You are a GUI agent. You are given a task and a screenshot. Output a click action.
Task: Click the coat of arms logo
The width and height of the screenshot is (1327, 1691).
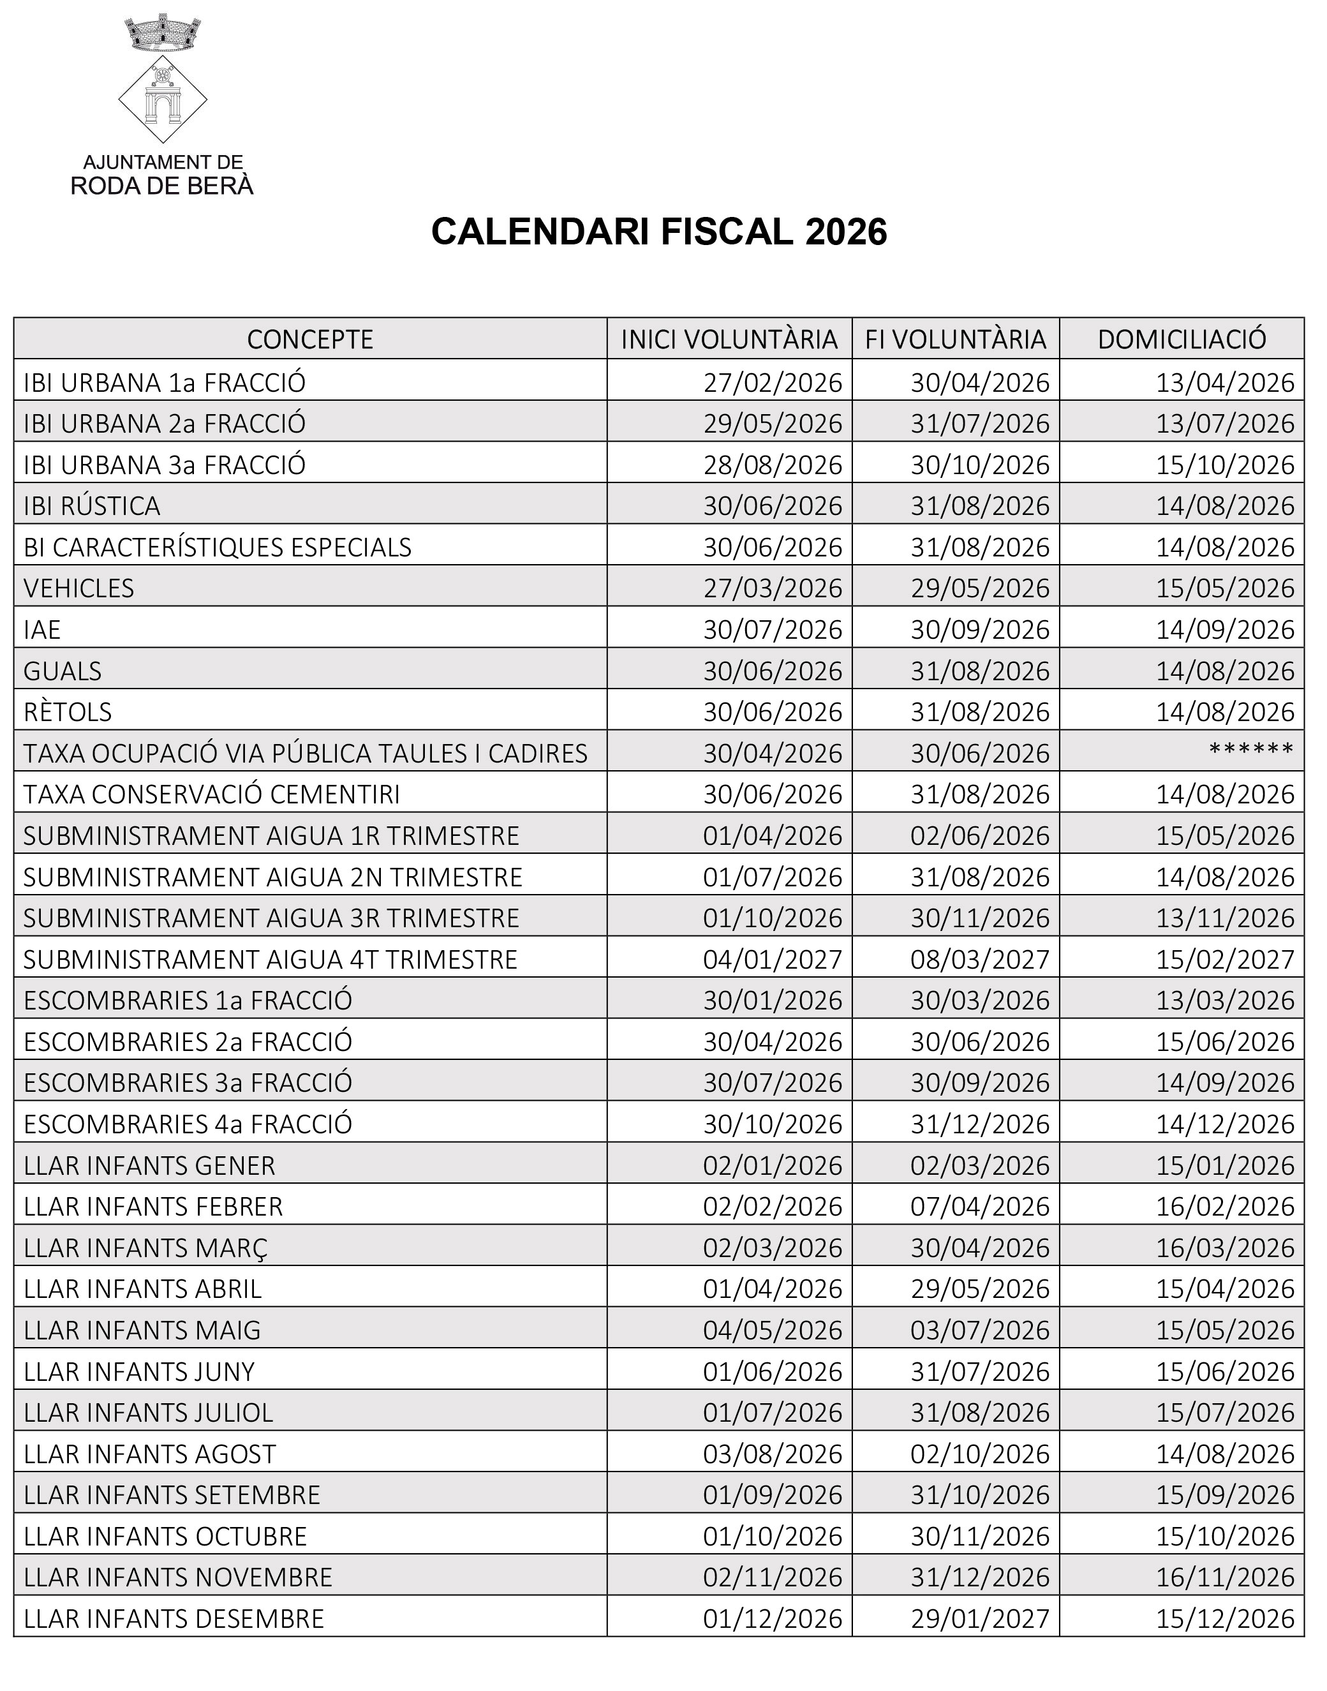point(163,78)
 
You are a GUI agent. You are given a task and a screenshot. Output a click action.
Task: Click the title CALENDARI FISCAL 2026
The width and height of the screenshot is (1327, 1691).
point(659,232)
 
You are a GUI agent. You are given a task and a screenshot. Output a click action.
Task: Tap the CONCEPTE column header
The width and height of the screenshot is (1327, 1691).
point(310,339)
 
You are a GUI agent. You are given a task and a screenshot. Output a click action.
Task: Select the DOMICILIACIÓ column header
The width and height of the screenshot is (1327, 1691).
point(1182,339)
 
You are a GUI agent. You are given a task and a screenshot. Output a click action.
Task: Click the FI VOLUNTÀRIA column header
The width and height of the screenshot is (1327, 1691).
point(956,339)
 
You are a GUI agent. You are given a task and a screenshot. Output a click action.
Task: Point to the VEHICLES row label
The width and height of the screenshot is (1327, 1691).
point(78,588)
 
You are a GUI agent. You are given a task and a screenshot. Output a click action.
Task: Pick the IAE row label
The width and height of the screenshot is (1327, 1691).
point(42,629)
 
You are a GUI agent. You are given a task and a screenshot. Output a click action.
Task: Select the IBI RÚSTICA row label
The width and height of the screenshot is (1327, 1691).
point(92,506)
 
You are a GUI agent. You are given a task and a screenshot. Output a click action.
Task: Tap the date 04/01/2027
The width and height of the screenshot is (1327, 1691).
point(772,960)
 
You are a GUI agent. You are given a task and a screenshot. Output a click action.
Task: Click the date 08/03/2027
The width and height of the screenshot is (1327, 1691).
point(980,960)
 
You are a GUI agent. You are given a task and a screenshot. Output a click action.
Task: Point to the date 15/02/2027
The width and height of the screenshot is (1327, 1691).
point(1225,960)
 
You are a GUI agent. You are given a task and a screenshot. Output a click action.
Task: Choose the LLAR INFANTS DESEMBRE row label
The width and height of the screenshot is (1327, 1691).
point(174,1619)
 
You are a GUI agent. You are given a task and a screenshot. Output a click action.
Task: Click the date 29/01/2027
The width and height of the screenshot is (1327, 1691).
point(980,1619)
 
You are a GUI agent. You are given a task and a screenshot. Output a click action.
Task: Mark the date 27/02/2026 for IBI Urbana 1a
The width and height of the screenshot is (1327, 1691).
point(772,382)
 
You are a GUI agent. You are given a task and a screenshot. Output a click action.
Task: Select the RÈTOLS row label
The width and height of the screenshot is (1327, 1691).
point(68,712)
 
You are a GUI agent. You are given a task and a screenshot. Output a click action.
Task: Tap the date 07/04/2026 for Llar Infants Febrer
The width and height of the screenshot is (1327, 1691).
point(980,1207)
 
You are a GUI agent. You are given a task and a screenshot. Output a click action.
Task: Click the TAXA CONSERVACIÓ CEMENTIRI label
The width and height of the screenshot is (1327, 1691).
point(211,794)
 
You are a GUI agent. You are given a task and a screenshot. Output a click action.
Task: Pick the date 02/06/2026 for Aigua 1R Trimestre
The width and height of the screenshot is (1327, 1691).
point(980,836)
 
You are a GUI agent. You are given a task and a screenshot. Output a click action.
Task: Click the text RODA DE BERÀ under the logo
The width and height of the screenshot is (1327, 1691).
point(163,186)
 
